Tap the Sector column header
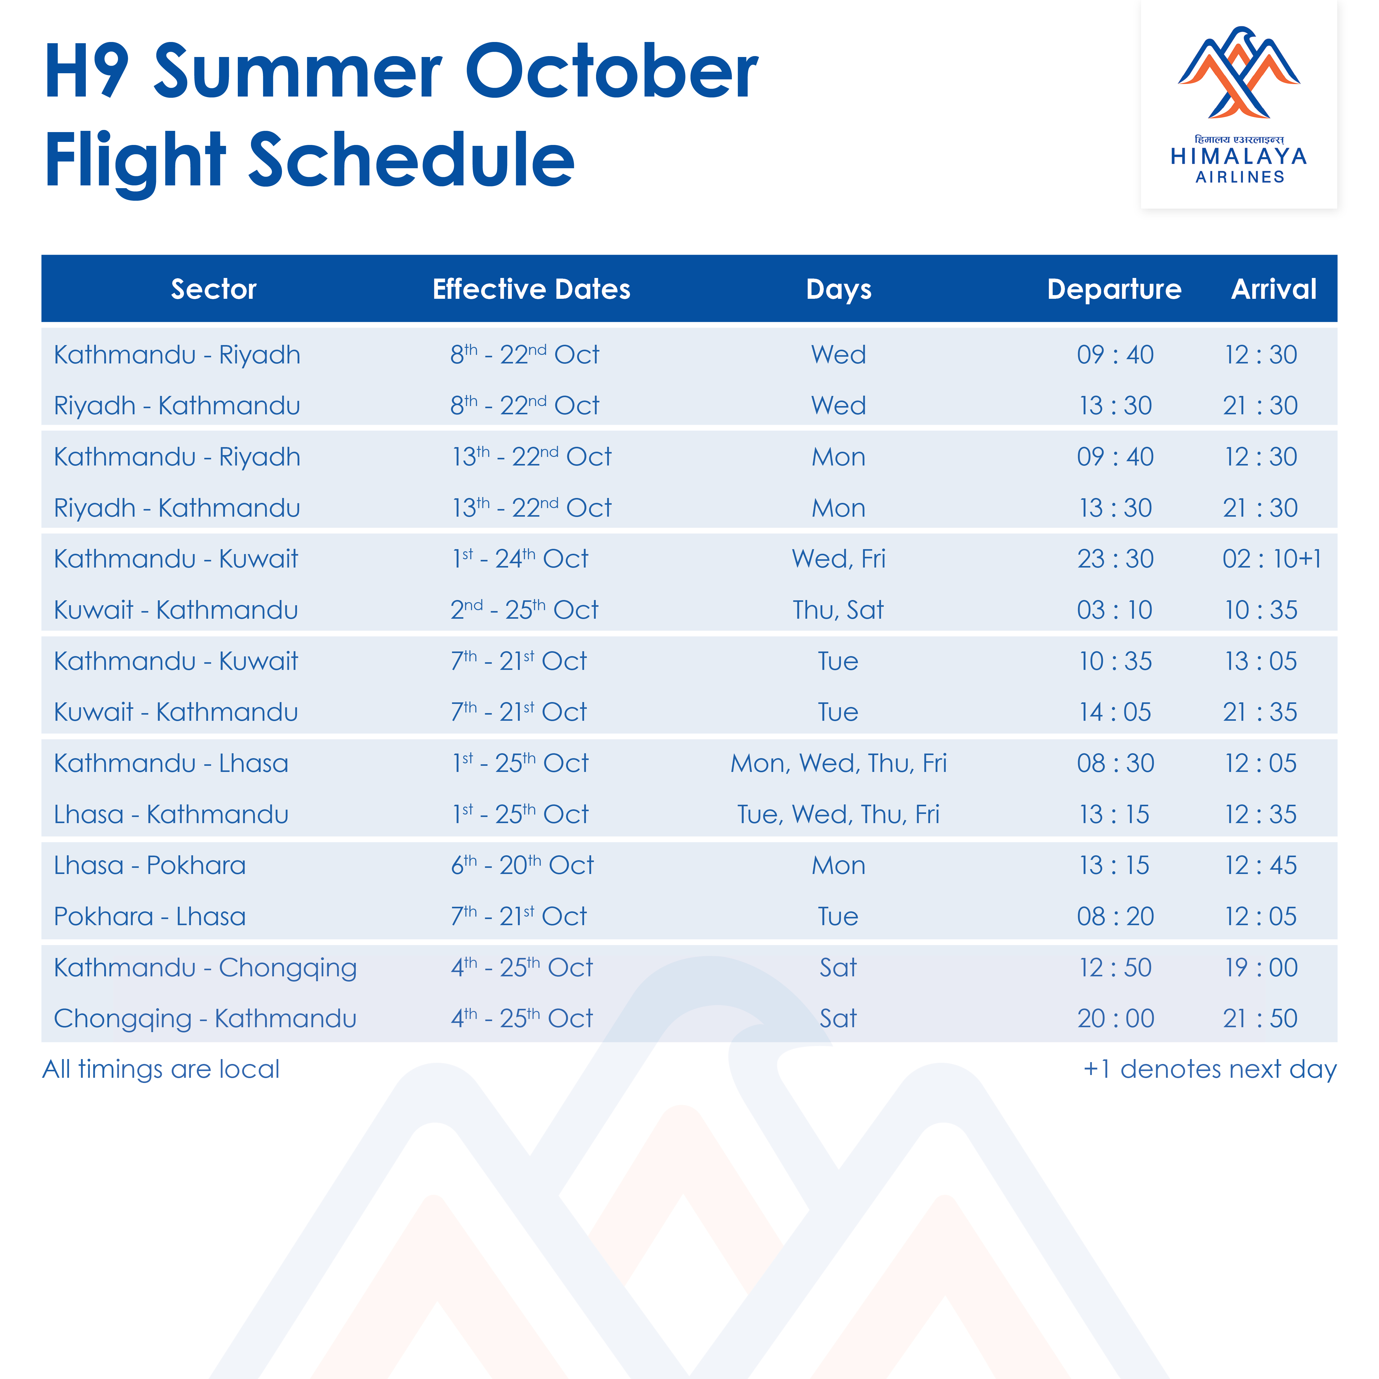(x=213, y=289)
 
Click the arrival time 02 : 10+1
(x=1271, y=559)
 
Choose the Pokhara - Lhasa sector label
(x=150, y=917)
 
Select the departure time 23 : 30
(x=1115, y=559)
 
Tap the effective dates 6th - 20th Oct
(x=522, y=865)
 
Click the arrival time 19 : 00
(x=1261, y=968)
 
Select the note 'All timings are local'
(x=161, y=1069)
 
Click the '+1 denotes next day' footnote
(x=1210, y=1069)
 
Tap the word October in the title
(x=612, y=71)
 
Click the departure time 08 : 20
(x=1115, y=917)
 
